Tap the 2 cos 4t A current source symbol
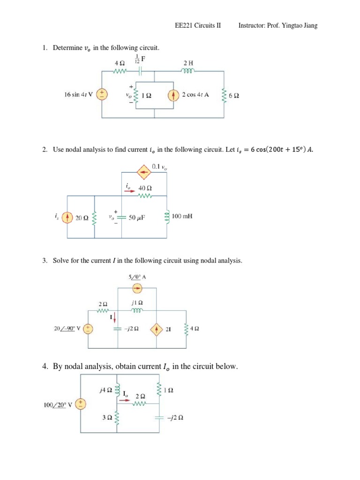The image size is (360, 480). click(173, 95)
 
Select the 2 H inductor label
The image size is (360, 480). click(188, 62)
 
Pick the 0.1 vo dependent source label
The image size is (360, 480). click(159, 166)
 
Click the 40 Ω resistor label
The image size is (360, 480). click(145, 187)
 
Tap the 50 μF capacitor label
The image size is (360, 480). click(139, 217)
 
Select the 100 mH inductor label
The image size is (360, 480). click(183, 217)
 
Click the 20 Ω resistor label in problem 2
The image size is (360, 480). click(82, 217)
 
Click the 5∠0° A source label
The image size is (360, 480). click(137, 277)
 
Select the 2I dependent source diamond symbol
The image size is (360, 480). click(156, 330)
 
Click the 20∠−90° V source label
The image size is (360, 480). click(68, 329)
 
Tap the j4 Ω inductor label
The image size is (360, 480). click(105, 389)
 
